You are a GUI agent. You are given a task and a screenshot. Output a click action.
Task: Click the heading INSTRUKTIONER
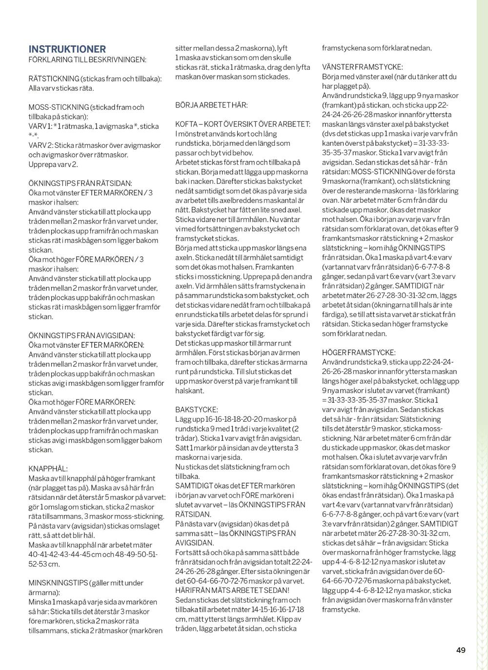coord(67,49)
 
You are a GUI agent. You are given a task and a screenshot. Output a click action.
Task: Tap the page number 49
coord(461,650)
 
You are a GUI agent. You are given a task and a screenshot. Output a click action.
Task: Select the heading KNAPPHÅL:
coord(48,468)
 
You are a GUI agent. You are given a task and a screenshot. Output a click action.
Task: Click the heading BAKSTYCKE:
coord(197,410)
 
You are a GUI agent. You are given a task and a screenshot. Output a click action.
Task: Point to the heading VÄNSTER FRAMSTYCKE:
coord(363,67)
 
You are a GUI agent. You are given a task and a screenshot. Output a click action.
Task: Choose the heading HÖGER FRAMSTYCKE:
coord(359,352)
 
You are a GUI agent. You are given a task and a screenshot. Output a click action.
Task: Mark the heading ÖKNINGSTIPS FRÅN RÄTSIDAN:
coord(80,183)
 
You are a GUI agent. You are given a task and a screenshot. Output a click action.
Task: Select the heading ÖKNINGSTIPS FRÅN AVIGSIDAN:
coord(82,335)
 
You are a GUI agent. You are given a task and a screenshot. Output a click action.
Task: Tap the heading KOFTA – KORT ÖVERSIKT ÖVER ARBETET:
coord(243,124)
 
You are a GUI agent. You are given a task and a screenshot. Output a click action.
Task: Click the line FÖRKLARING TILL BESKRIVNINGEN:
coord(87,59)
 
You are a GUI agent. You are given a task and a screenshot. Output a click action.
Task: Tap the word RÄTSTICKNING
coord(54,79)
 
